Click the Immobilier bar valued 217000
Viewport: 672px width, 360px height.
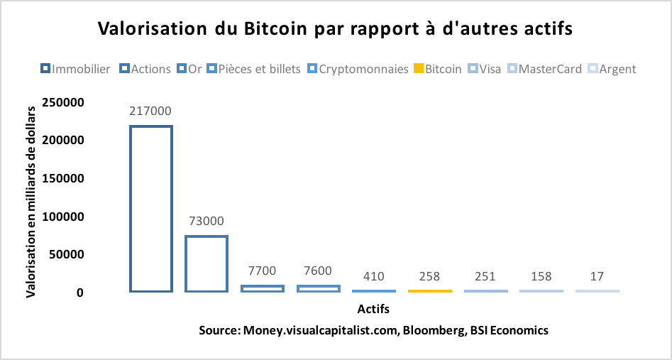click(150, 209)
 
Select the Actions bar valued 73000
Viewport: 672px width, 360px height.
click(206, 263)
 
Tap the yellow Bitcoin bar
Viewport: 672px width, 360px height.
click(430, 290)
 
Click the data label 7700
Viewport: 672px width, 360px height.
click(263, 271)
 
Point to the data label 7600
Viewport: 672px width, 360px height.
click(318, 271)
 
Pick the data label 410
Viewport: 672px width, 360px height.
click(374, 276)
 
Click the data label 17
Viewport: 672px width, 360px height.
click(597, 276)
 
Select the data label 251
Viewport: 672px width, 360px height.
click(485, 276)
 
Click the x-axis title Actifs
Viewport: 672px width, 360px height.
click(373, 310)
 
